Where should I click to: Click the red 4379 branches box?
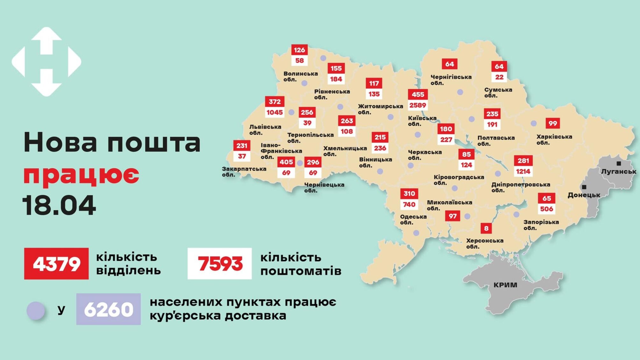pos(56,264)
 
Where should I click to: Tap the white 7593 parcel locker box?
pos(220,264)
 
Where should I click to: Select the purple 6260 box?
pos(108,309)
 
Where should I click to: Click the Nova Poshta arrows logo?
pos(46,61)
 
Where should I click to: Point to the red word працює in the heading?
pos(82,175)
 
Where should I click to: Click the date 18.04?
pos(59,205)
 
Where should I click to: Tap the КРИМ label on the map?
pos(505,285)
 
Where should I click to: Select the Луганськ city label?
pos(618,171)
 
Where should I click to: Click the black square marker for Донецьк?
pos(584,187)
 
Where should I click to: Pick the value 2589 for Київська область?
pos(418,105)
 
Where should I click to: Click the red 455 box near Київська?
pos(418,94)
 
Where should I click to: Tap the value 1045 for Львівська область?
pos(274,112)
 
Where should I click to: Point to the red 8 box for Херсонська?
pos(486,228)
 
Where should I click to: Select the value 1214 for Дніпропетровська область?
pos(523,171)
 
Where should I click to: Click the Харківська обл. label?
pos(554,139)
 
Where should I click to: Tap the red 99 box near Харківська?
pos(553,123)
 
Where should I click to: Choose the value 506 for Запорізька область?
pos(546,209)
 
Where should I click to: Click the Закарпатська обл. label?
pos(244,171)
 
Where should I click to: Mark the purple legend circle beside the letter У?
pos(36,310)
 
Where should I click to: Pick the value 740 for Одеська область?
pos(409,204)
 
